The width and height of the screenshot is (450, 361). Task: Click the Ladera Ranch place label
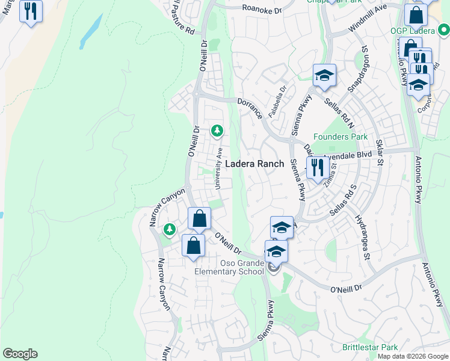coord(255,164)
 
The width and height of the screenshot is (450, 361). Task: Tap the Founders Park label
coord(341,137)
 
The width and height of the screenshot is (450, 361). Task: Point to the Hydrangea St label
coord(361,234)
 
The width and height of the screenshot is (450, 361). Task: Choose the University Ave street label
coord(220,167)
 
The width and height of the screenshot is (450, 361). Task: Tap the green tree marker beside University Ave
coord(217,130)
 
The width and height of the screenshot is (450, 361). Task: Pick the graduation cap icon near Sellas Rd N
coord(324,75)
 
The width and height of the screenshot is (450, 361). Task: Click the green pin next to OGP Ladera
coord(443,28)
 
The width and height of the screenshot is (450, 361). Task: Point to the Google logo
coord(20,354)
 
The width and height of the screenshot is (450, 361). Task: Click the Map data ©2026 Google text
coord(413,356)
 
